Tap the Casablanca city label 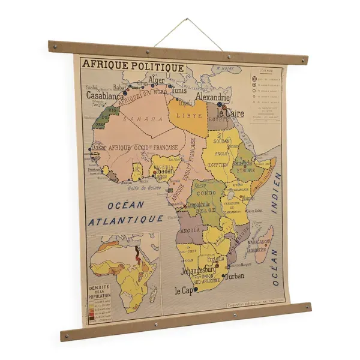pos(106,95)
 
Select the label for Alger pos(156,81)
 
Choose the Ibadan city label pos(163,171)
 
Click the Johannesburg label pos(199,269)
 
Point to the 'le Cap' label pos(185,290)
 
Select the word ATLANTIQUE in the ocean pos(126,220)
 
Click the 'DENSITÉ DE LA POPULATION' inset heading pos(99,287)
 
